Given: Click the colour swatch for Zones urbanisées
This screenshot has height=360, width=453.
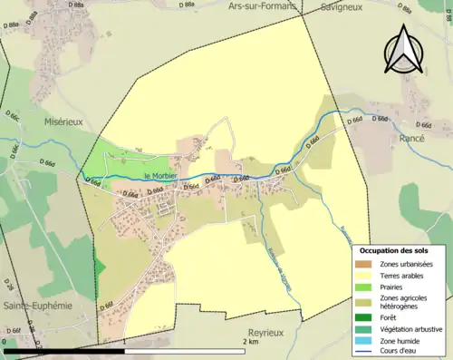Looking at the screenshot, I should pyautogui.click(x=366, y=264).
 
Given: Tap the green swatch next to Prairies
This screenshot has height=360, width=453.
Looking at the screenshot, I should pyautogui.click(x=366, y=287).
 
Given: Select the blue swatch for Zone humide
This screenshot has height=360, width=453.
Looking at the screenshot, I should pyautogui.click(x=366, y=341).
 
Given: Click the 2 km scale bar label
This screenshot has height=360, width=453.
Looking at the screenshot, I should pyautogui.click(x=250, y=342).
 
